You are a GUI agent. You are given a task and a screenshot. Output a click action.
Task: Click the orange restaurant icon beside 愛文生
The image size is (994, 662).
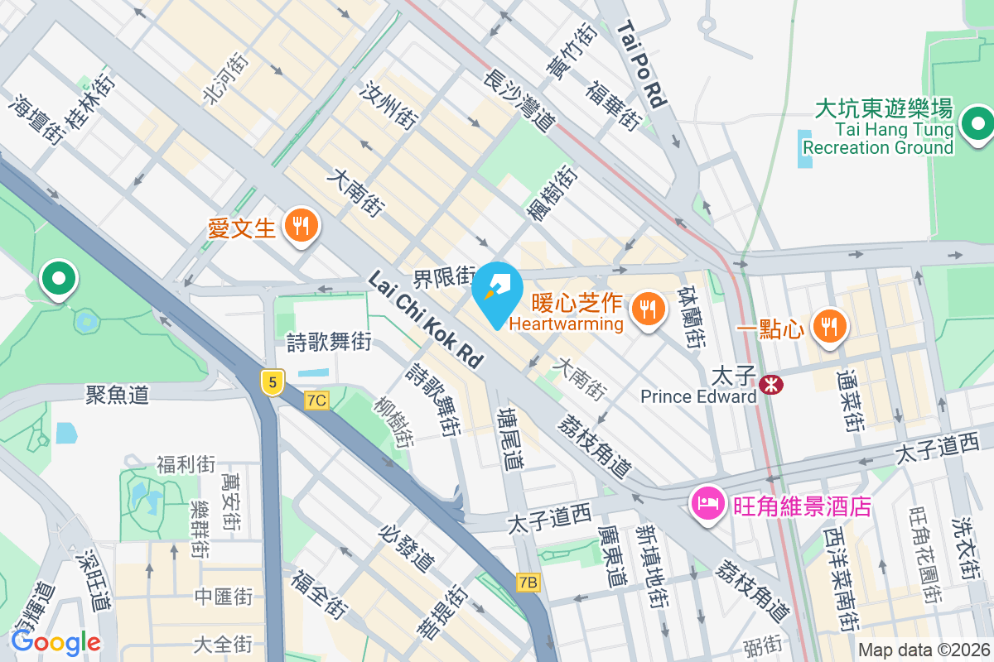(298, 225)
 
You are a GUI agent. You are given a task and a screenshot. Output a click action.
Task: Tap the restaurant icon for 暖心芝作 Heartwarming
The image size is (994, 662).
(647, 309)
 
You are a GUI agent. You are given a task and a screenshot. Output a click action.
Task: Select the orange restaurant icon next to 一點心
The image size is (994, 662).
(828, 325)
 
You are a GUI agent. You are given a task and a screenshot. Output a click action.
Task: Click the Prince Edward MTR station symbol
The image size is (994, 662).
(771, 384)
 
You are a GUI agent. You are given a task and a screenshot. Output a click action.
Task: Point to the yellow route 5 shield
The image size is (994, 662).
(271, 381)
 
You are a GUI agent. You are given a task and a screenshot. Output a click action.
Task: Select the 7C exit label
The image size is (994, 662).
(316, 401)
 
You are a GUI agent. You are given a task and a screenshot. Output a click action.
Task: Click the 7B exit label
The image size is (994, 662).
(528, 583)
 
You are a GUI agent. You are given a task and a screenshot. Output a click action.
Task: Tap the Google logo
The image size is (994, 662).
(55, 641)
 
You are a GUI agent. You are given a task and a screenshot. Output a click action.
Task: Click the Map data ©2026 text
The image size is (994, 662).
(923, 650)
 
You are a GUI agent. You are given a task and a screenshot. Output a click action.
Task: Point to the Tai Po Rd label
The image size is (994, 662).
(642, 65)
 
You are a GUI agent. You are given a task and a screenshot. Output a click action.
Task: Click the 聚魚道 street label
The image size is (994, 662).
(118, 394)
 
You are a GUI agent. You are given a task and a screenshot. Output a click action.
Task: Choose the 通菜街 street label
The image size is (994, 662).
(850, 402)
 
